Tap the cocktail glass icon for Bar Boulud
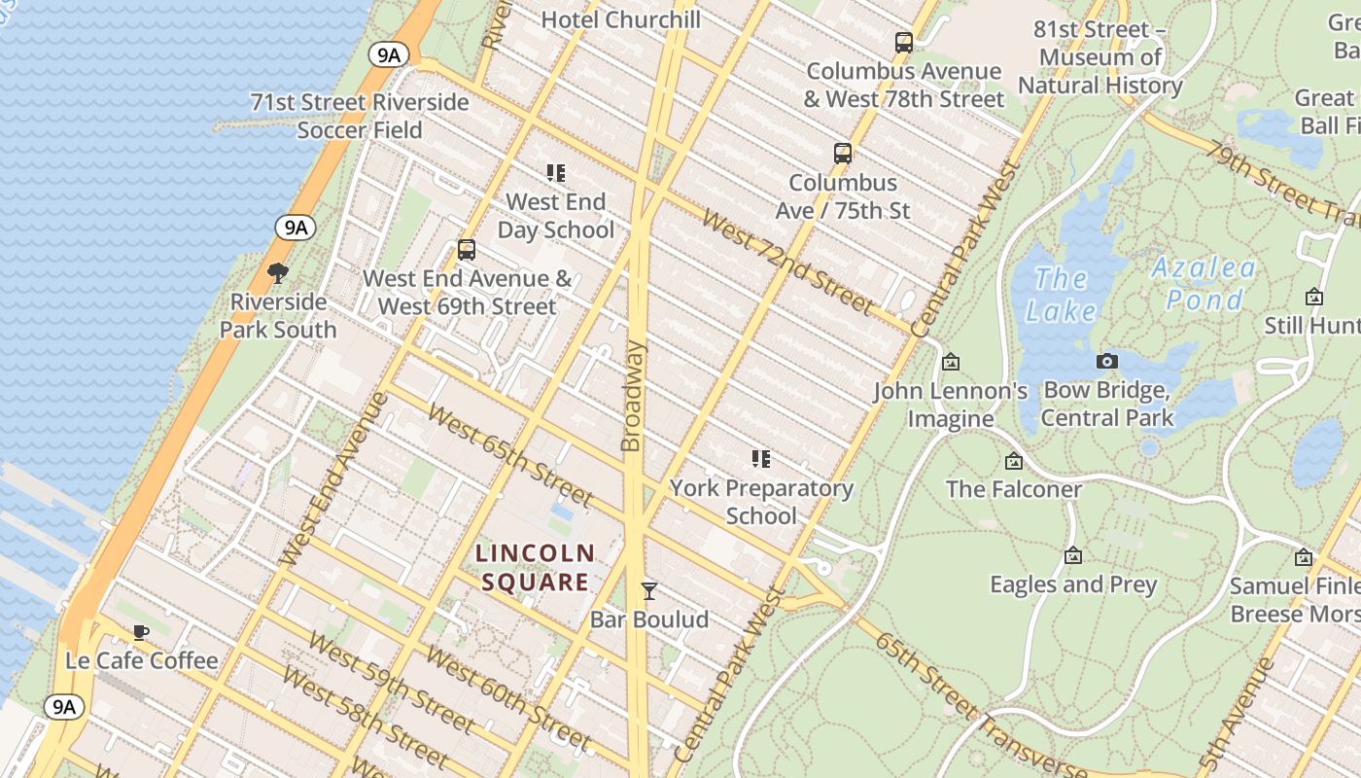648,591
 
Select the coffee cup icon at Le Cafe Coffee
141,633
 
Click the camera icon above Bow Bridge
1106,362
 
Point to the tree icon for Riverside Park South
278,273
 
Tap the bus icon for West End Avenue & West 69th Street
467,250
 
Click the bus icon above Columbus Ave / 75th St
843,154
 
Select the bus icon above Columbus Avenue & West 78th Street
904,43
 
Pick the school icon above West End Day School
556,173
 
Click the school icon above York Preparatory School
761,459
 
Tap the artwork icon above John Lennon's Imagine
951,362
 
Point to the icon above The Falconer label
1014,461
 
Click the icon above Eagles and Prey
1073,556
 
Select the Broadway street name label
632,396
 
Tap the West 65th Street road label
509,455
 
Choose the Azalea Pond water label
1204,283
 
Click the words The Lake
1061,295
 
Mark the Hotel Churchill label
620,19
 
